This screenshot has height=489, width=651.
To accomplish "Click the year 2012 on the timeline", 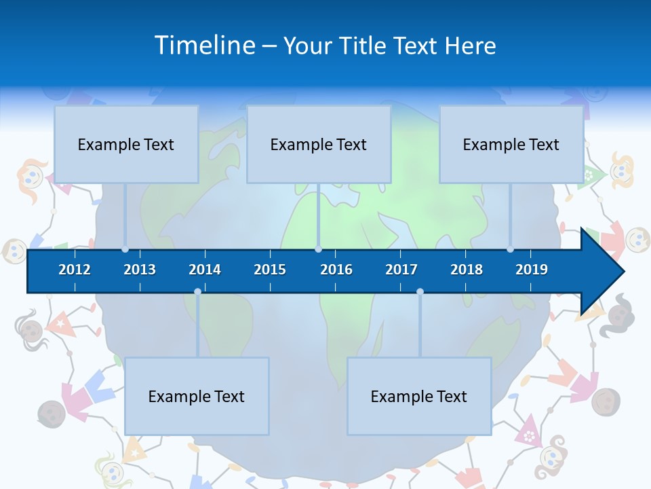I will (x=75, y=270).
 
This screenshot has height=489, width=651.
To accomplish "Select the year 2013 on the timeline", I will (x=140, y=270).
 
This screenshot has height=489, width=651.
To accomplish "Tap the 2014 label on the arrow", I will (x=205, y=270).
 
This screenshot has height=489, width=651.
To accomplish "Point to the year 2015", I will (x=270, y=270).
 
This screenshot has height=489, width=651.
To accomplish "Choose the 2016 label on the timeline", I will (x=336, y=270).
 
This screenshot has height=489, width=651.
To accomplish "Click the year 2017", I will (x=401, y=270).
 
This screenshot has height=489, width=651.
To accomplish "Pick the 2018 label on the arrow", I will (x=467, y=270).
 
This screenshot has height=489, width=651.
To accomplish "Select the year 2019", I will (x=532, y=270).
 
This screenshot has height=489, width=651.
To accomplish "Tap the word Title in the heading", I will (x=364, y=46).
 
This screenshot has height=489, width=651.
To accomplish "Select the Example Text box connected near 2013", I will (x=126, y=144).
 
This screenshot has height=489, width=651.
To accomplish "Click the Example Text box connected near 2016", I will (x=319, y=144).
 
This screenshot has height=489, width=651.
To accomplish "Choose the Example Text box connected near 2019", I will (x=511, y=144).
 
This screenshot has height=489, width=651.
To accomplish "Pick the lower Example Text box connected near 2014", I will (x=197, y=396).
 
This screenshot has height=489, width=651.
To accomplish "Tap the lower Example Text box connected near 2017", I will (x=419, y=396).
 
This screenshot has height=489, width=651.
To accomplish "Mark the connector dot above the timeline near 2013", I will (x=125, y=249).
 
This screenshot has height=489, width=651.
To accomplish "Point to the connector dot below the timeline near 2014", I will (x=197, y=292).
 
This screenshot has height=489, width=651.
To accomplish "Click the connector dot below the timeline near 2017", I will (x=420, y=292).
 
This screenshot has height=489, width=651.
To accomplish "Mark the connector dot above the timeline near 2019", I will (x=511, y=249).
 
